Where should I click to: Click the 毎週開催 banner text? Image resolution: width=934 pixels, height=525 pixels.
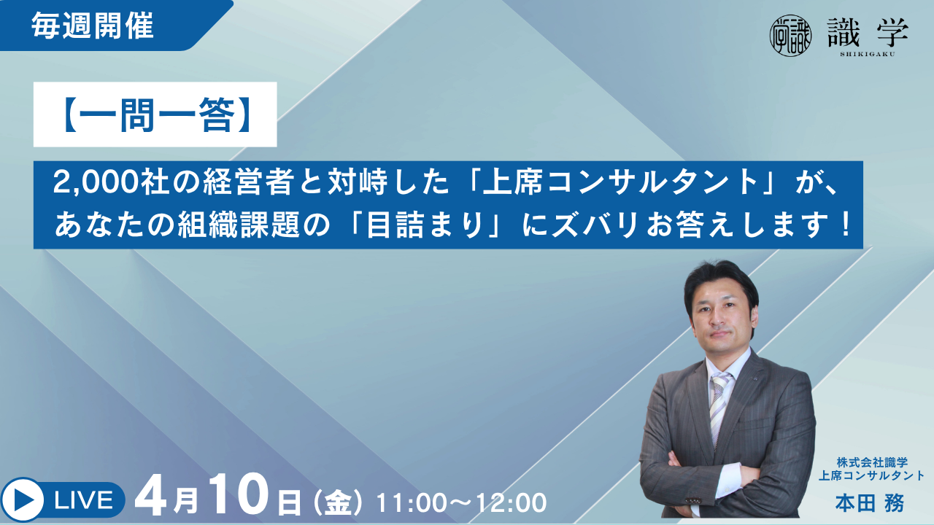pyautogui.click(x=93, y=26)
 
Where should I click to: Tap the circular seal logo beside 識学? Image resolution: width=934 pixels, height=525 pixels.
pyautogui.click(x=790, y=36)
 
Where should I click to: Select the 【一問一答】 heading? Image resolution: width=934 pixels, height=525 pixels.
pyautogui.click(x=155, y=114)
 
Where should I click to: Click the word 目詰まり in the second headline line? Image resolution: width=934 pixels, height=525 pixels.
pyautogui.click(x=430, y=225)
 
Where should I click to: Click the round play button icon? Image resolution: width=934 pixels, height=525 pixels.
pyautogui.click(x=22, y=499)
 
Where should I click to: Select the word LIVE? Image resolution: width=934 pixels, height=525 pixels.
pyautogui.click(x=83, y=500)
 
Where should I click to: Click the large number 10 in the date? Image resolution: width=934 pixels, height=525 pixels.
pyautogui.click(x=239, y=497)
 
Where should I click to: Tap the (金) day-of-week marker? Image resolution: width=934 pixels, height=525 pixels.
pyautogui.click(x=338, y=502)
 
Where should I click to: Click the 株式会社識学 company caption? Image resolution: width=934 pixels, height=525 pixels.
pyautogui.click(x=872, y=462)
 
